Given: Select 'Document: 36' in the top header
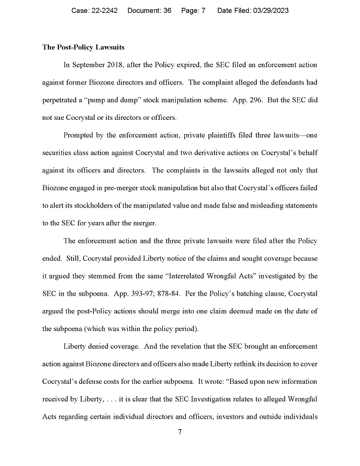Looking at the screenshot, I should coord(149,11).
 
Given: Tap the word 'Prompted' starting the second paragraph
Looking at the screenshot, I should coord(80,135).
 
